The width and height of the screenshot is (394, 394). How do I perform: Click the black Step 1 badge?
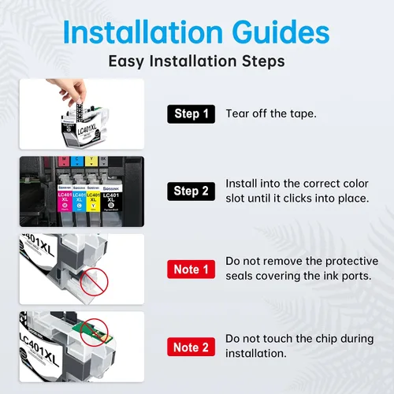tap(191, 114)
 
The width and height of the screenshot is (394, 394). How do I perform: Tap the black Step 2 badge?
tap(191, 191)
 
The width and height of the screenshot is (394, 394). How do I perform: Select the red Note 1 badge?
tap(191, 269)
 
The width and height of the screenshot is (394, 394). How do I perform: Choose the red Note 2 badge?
tap(191, 347)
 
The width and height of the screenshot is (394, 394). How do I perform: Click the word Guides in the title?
tap(281, 32)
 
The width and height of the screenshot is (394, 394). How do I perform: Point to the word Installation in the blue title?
tap(143, 32)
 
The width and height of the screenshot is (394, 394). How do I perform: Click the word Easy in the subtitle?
tap(126, 61)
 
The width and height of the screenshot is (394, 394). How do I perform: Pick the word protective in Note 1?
tap(351, 262)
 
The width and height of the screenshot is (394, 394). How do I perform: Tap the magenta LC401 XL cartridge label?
tap(65, 202)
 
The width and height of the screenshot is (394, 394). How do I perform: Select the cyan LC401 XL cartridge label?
tap(79, 202)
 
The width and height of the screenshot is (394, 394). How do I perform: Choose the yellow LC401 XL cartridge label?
tap(93, 202)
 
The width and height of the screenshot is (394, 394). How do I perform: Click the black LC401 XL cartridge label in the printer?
tap(111, 202)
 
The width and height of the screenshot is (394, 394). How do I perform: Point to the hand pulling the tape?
tap(69, 91)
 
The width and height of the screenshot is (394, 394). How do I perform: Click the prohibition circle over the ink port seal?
tap(94, 282)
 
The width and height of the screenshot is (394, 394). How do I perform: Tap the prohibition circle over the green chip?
tap(94, 333)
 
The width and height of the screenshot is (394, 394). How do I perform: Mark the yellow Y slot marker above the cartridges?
tap(91, 161)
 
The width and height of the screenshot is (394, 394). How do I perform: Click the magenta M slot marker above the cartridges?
tap(64, 161)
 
